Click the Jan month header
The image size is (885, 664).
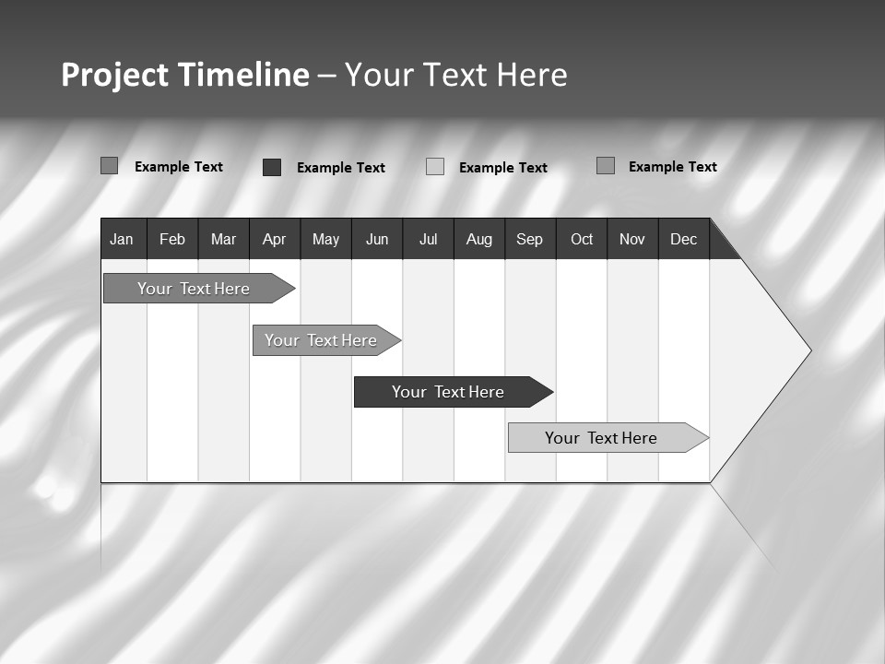point(122,240)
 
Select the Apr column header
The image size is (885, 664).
point(274,240)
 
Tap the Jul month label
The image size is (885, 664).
point(428,240)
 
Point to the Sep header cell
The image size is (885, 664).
point(529,240)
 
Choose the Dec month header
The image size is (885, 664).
point(683,240)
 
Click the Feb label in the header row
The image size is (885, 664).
point(172,240)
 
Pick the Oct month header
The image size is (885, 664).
point(582,240)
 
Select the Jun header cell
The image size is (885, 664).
point(376,240)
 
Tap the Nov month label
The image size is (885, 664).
point(632,240)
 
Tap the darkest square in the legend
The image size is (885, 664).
point(272,167)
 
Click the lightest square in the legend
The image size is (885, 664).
point(435,167)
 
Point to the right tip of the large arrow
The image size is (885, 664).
point(809,350)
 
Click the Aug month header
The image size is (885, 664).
point(478,240)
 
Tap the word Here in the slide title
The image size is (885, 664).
point(532,75)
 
